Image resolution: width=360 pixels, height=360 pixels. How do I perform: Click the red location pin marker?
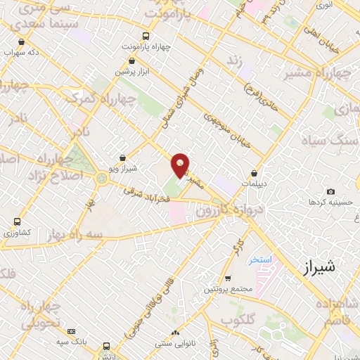click(181, 165)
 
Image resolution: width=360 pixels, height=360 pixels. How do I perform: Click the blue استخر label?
click(264, 259)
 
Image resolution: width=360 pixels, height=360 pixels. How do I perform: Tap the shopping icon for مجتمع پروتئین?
click(228, 278)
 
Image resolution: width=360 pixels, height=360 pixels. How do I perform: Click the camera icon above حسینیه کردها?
click(331, 191)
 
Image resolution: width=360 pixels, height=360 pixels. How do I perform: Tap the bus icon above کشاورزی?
click(16, 221)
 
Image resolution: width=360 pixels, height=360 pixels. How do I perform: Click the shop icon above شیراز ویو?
click(124, 159)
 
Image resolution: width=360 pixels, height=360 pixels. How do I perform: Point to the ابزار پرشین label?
click(132, 72)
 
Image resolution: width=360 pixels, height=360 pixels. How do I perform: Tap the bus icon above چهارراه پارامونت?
click(146, 36)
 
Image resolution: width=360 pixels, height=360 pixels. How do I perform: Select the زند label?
click(233, 60)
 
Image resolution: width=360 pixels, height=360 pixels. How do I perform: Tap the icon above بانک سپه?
click(71, 331)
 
